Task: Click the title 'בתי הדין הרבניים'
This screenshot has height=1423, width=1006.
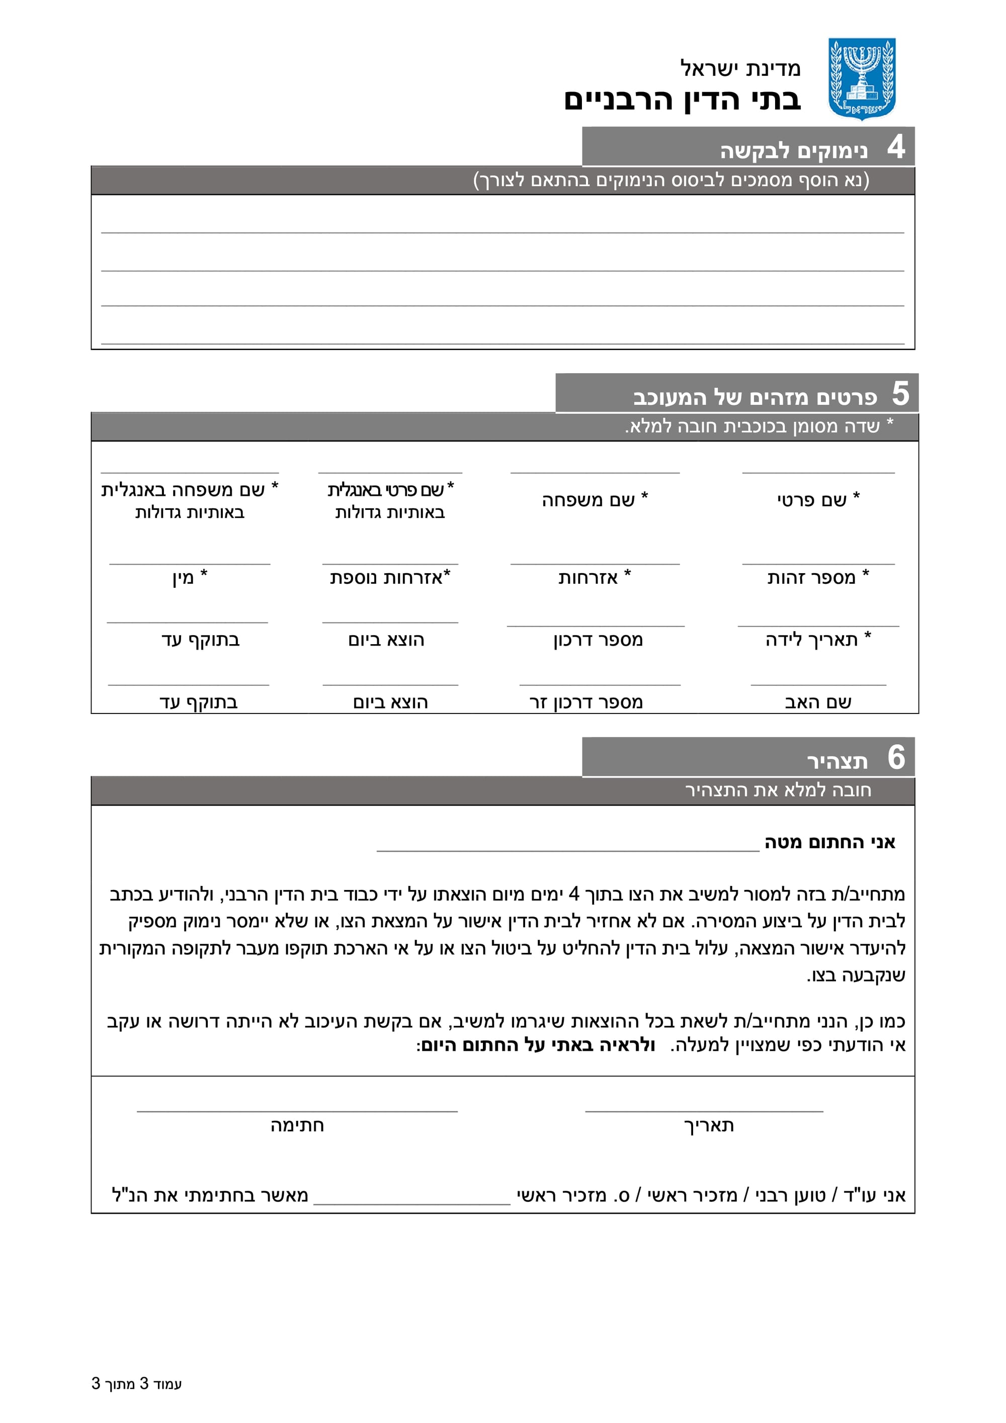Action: coord(682,100)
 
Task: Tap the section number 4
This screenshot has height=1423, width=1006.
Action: coord(896,147)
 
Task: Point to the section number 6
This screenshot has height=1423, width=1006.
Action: coord(896,757)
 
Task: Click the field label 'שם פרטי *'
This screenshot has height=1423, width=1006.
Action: coord(818,499)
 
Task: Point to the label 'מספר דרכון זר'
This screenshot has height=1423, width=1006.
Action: coord(586,702)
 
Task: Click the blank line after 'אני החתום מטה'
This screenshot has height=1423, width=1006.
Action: coord(567,846)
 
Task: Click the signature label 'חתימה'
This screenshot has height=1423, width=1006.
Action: coord(297,1125)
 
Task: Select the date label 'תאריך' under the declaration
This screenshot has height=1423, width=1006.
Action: coord(709,1125)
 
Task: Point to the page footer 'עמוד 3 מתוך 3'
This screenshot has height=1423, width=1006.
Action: coord(136,1383)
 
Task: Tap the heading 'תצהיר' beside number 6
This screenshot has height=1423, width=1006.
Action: coord(837,761)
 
